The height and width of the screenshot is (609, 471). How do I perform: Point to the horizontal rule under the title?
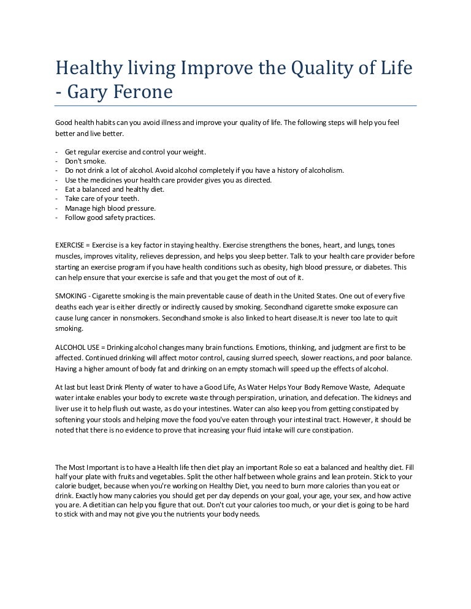[235, 106]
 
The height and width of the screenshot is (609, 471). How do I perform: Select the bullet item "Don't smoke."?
[85, 161]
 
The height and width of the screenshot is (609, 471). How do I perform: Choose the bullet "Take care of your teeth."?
[102, 199]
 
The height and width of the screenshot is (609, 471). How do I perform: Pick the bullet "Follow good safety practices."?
[110, 217]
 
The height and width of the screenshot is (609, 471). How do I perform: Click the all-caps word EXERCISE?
[69, 245]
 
